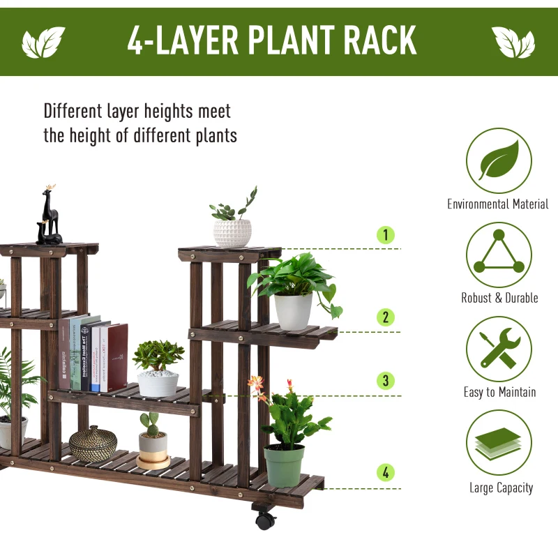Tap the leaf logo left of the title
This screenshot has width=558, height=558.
[43, 43]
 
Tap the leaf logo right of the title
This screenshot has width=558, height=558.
[513, 43]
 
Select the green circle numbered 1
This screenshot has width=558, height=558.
[385, 235]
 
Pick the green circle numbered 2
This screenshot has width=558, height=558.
[385, 317]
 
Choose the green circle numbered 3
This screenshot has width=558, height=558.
[385, 381]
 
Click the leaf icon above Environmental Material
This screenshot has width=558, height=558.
[499, 161]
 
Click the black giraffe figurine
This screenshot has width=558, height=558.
[50, 216]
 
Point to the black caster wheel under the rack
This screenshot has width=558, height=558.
[263, 520]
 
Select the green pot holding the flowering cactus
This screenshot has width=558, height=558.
[284, 465]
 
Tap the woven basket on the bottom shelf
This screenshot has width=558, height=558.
[93, 444]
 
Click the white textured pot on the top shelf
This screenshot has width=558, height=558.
[232, 233]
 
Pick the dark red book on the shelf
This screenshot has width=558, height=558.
[117, 357]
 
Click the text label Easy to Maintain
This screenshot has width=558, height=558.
[499, 392]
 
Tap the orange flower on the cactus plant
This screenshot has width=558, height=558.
[257, 383]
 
